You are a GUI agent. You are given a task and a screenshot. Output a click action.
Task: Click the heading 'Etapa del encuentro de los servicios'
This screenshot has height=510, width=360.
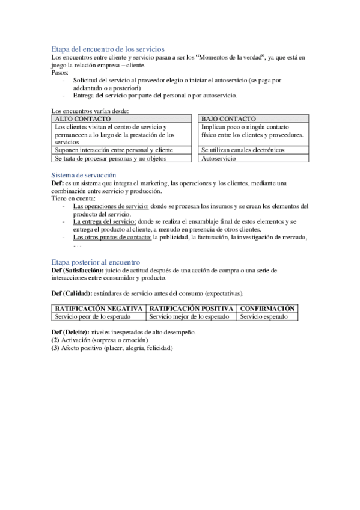click(x=108, y=48)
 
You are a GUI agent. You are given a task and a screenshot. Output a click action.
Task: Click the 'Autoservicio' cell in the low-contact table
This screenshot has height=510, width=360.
click(x=219, y=159)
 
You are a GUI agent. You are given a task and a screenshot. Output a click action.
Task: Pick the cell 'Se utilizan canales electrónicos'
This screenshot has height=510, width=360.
click(x=243, y=150)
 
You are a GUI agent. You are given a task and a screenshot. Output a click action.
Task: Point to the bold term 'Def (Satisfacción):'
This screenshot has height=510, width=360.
click(x=77, y=271)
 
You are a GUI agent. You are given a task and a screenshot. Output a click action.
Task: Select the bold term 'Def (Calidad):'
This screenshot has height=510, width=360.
click(x=72, y=293)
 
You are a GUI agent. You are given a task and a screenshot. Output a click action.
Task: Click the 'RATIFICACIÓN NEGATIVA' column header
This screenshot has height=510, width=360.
click(x=99, y=308)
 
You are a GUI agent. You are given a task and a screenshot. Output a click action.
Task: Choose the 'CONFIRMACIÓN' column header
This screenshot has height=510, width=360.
click(x=267, y=308)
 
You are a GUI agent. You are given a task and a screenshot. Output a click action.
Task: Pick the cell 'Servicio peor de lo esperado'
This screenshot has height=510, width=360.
click(x=93, y=316)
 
